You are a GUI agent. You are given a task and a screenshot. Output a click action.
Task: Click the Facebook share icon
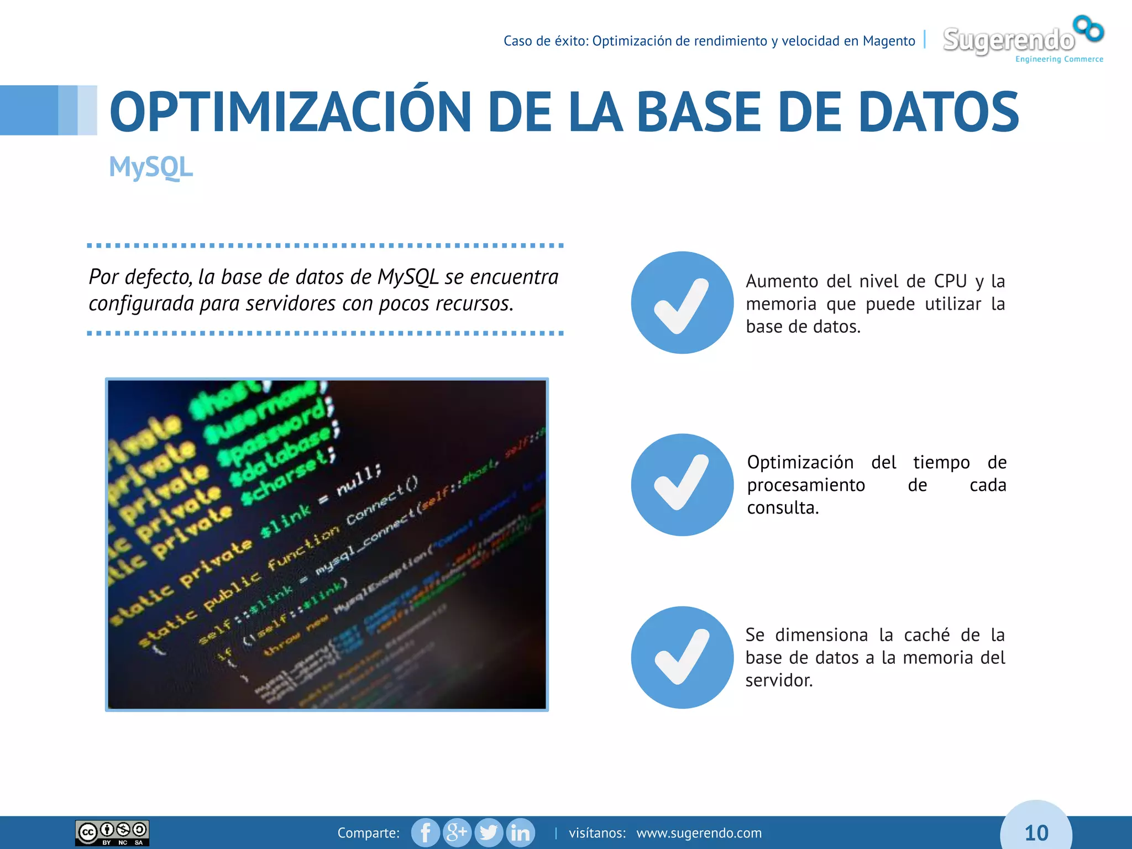(425, 832)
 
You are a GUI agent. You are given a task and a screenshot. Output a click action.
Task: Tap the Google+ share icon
(457, 832)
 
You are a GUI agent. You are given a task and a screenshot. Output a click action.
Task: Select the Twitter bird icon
(489, 832)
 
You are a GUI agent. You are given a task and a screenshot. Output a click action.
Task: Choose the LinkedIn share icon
(520, 832)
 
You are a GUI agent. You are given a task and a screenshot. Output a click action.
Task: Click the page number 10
(1036, 833)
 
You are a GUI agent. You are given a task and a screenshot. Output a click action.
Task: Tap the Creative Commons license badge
(112, 833)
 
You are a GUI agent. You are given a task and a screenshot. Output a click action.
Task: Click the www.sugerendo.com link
(699, 833)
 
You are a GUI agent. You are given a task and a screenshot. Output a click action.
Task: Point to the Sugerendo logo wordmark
(1008, 40)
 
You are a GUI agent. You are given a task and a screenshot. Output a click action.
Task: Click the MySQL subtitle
(150, 167)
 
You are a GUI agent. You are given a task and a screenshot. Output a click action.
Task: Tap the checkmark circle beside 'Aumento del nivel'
(682, 303)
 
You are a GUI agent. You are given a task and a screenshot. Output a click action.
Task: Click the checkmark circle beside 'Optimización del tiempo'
(682, 485)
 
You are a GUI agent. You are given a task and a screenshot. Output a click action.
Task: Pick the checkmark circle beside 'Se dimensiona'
(682, 657)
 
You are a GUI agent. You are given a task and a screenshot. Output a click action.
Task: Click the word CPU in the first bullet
(950, 281)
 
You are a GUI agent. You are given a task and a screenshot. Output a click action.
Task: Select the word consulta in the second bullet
(782, 507)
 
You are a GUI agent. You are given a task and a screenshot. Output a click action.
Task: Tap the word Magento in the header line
(889, 41)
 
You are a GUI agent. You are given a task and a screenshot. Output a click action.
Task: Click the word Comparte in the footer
(368, 833)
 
